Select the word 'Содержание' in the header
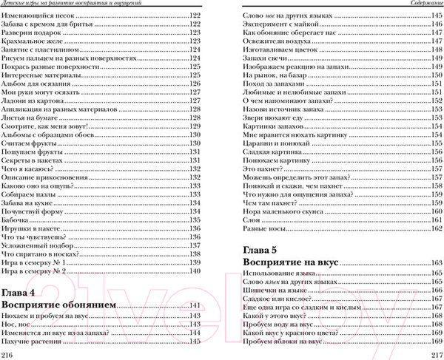423,4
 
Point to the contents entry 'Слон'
252,220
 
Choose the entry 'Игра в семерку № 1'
36,262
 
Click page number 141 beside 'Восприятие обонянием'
195,305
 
